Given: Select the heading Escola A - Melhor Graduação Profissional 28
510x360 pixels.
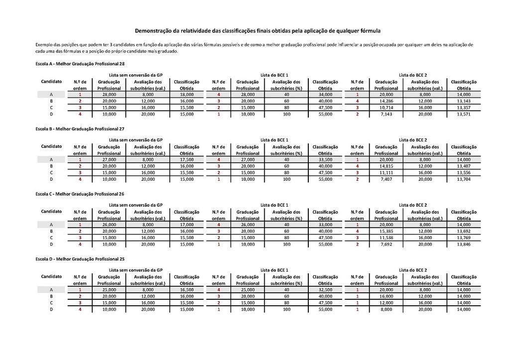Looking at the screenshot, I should coord(80,64).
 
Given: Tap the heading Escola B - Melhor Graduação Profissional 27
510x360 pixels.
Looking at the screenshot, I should coord(80,129).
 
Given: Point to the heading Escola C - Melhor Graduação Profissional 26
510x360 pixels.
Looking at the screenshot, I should coord(80,194).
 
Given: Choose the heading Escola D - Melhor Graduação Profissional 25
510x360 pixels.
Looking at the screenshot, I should coord(80,259).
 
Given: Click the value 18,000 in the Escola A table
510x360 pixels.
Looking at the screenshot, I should coord(187,95).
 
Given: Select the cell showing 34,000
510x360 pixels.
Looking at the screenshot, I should coord(325,95).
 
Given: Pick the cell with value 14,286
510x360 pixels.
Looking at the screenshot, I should coord(385,101).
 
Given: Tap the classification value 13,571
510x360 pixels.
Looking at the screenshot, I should coord(463,114).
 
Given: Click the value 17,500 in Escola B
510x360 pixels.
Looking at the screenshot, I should coord(187,159).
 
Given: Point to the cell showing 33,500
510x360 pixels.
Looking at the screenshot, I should coord(325,159).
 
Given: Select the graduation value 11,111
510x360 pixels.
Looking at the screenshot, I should coord(385,172).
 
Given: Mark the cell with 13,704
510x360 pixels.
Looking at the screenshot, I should coord(463,179).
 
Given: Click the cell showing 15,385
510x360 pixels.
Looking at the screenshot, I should coord(385,231).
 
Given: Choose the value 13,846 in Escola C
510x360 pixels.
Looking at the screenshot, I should coord(463,244).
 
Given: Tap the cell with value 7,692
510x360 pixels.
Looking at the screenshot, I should coord(385,244).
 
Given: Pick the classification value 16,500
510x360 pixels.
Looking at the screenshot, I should coord(187,289).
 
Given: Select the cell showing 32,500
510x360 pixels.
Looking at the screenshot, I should coord(325,289).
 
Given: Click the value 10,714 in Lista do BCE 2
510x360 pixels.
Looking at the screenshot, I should coord(385,108).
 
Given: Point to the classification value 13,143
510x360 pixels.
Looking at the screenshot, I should coord(463,101).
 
